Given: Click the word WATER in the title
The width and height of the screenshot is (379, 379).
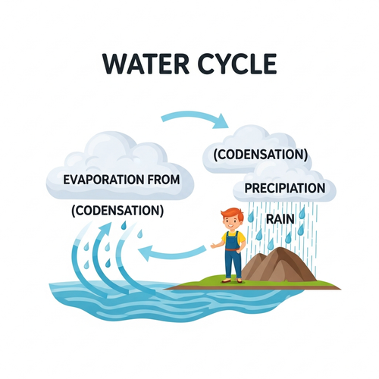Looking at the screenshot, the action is coord(146,64).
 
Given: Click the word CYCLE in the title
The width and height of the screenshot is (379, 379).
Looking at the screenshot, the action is coord(236,64).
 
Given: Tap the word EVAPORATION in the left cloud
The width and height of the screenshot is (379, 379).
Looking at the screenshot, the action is coord(103,180).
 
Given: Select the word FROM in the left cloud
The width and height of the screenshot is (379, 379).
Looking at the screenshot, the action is coord(164,180).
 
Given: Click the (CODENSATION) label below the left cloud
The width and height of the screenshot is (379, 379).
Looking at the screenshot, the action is coord(117,211).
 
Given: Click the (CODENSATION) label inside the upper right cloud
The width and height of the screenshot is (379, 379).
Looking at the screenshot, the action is coord(261,155).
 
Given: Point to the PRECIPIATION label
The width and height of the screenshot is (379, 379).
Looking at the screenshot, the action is coord(285,188).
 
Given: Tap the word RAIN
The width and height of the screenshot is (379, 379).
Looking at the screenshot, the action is coord(280,219).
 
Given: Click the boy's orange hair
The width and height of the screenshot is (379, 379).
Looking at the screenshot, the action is coord(233,214).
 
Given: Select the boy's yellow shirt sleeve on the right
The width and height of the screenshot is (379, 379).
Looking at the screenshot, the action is coord(242,237).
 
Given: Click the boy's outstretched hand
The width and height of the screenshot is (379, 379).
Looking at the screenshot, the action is coord(214,245).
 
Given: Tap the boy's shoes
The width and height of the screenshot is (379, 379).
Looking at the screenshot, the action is coord(232,280).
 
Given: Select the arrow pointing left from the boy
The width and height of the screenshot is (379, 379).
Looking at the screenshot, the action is coord(172,252).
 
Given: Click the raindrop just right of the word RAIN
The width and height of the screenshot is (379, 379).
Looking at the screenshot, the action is coord(302,214).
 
